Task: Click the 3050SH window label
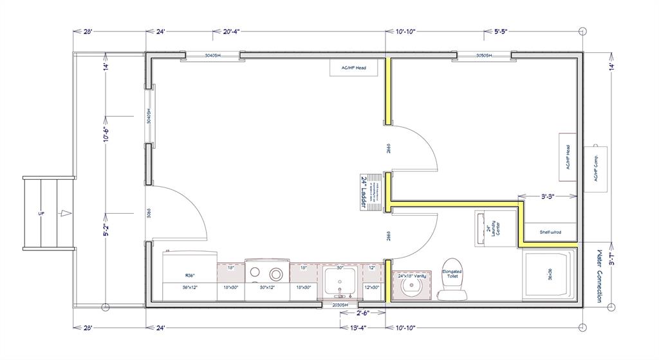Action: [483, 56]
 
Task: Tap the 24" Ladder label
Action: [364, 187]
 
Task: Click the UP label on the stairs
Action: [41, 213]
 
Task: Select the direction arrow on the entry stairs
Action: [63, 213]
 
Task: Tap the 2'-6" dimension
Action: [364, 314]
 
